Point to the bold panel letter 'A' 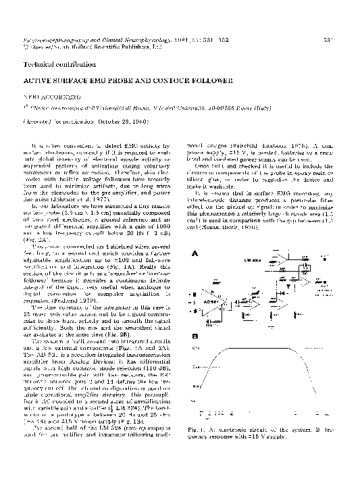pyautogui.click(x=196, y=254)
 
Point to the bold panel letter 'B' pyautogui.click(x=196, y=336)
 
